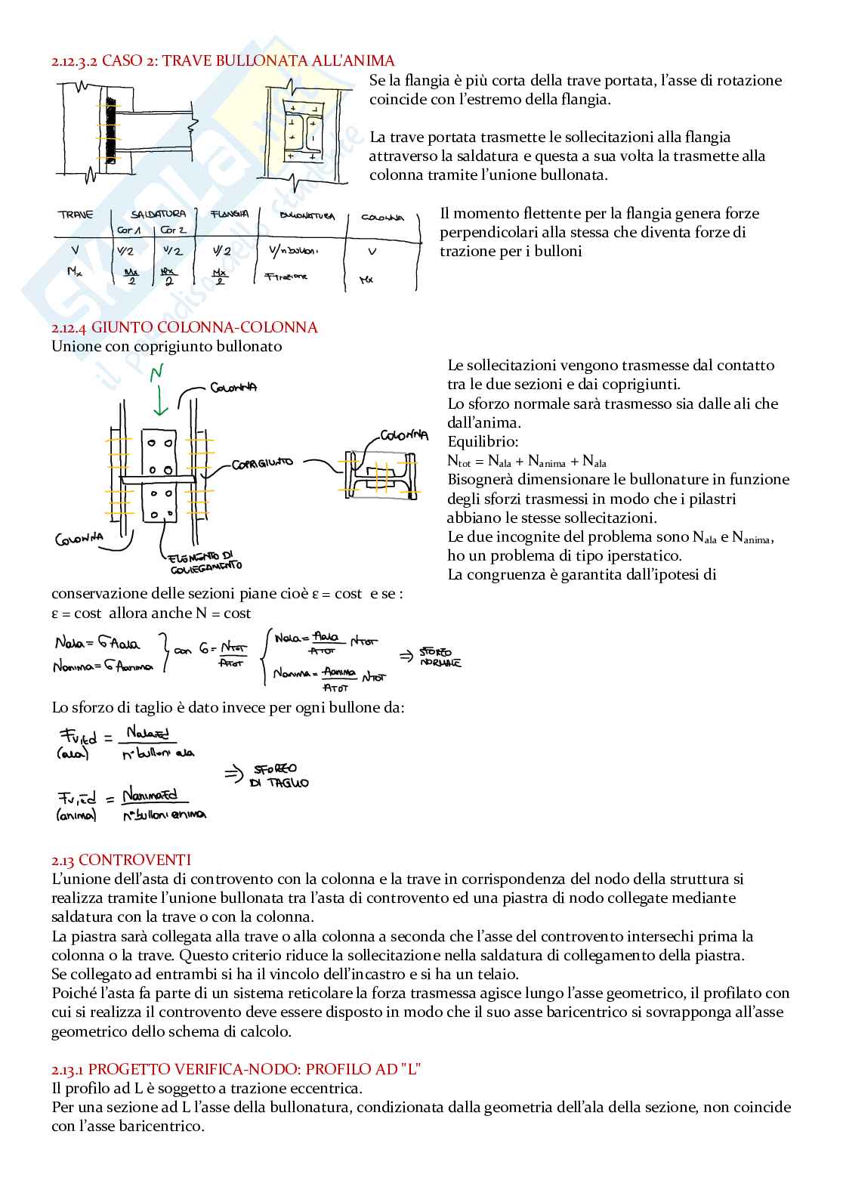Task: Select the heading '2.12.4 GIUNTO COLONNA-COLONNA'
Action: [x=184, y=327]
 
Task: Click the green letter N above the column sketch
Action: [x=156, y=373]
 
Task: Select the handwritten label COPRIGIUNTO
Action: [x=262, y=463]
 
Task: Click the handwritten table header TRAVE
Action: [x=76, y=215]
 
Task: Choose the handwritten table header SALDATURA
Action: [x=158, y=215]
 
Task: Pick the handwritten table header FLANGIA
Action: [x=230, y=215]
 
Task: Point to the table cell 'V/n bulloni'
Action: [x=293, y=250]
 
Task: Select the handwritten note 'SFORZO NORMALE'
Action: [x=436, y=657]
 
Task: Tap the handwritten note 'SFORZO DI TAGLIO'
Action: [x=279, y=776]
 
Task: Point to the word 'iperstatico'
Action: [x=643, y=556]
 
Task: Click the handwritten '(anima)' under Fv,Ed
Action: [x=76, y=814]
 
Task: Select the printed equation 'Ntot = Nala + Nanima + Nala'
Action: [x=526, y=461]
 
